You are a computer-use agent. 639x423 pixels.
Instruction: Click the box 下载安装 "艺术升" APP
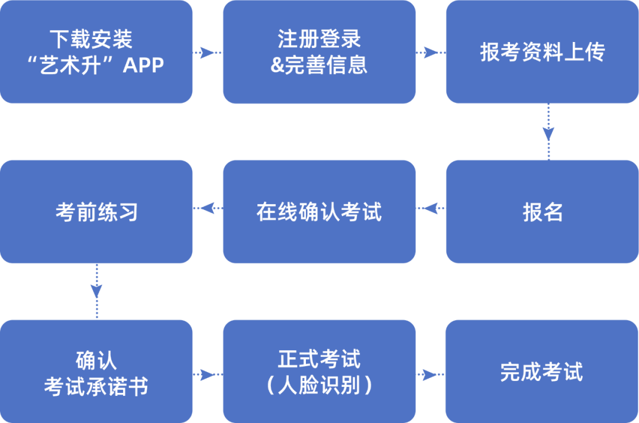[x=96, y=52]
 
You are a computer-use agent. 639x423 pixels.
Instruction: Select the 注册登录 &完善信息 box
[x=319, y=52]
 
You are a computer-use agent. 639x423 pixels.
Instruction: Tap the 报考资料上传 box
[x=542, y=52]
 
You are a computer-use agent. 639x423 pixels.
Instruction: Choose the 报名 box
[x=542, y=211]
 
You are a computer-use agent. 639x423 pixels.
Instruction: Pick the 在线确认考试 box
[x=319, y=211]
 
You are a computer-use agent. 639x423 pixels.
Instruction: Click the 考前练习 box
[x=96, y=211]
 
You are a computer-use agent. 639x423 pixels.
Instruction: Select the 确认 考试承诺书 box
[x=96, y=372]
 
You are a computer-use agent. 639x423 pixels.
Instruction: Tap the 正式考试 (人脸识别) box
[x=319, y=372]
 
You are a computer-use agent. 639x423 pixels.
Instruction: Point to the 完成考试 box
[x=542, y=372]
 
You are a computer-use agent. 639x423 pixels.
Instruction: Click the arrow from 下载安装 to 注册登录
[x=208, y=53]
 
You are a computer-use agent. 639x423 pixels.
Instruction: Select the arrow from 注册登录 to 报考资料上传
[x=431, y=53]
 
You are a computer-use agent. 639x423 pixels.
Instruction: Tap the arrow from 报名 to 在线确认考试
[x=431, y=208]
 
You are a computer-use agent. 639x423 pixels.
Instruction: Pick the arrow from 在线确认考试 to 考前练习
[x=208, y=208]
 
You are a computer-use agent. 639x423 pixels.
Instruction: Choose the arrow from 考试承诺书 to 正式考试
[x=208, y=374]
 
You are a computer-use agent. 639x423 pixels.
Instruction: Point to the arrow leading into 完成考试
[x=431, y=374]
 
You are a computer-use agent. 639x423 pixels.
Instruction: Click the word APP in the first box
[x=143, y=64]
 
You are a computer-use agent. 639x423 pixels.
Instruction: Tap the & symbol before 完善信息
[x=277, y=64]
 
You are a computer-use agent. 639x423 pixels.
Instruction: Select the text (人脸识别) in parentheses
[x=319, y=386]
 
